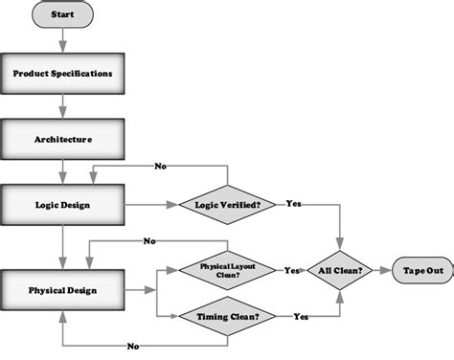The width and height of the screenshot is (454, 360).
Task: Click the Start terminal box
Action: pos(63,14)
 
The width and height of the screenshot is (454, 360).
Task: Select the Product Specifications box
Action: pos(63,74)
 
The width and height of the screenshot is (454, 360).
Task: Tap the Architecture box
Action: pos(63,139)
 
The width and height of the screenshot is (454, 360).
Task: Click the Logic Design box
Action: pos(63,204)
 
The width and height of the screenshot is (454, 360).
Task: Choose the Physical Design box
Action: pos(63,288)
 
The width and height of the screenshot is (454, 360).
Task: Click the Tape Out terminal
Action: pos(421,271)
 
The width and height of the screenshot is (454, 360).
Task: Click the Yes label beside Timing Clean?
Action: pos(300,315)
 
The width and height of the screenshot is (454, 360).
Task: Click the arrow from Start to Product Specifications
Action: pos(63,39)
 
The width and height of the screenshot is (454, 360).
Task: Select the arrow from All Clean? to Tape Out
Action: pos(381,271)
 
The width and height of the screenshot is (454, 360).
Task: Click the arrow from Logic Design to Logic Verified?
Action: pos(148,204)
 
